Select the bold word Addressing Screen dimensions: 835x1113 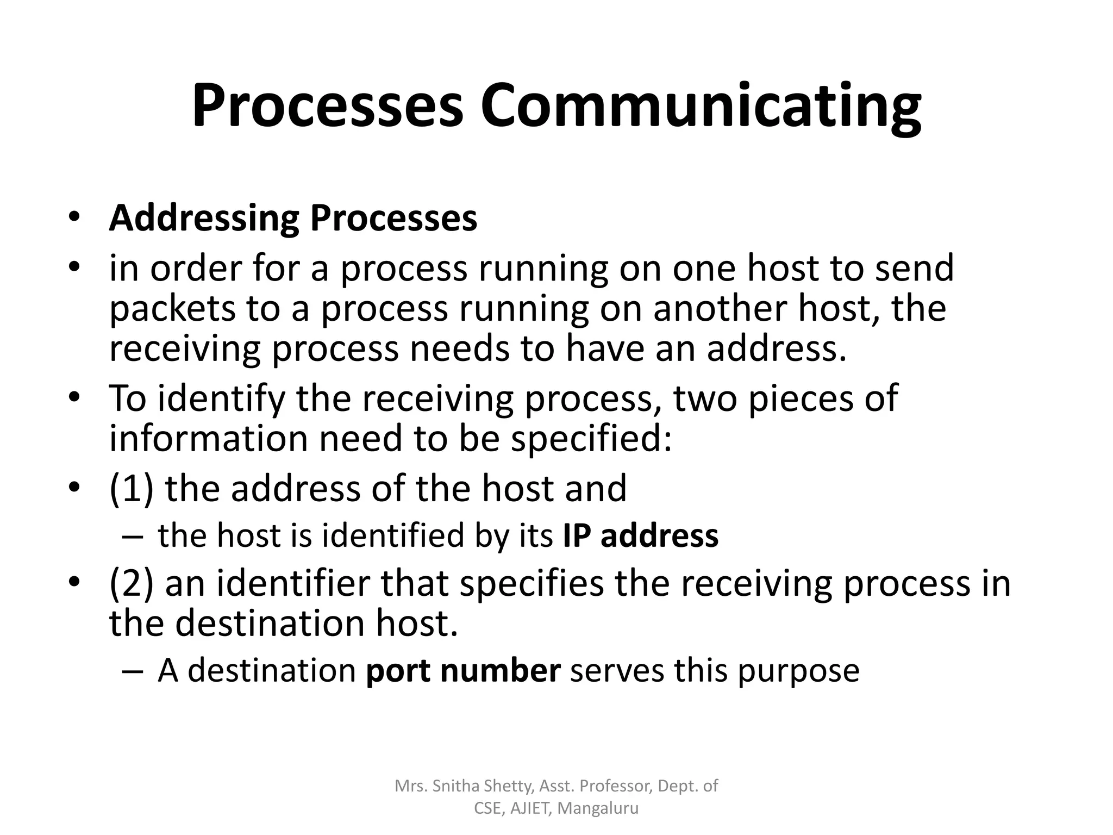[204, 219]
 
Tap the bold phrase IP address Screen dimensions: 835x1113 [640, 535]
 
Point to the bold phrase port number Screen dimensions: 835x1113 [463, 670]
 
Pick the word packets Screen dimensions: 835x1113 [172, 309]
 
